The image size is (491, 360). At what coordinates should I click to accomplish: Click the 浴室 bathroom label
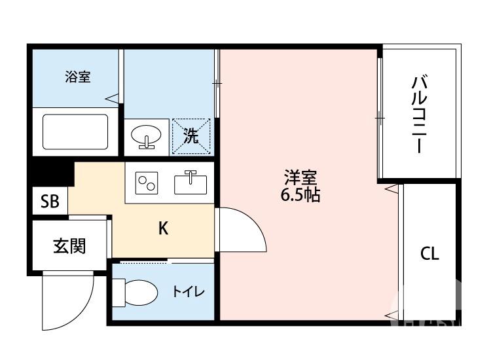coord(77,77)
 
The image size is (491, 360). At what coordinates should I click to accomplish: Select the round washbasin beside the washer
coord(146,135)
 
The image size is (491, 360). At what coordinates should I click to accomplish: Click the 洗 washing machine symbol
coord(191,136)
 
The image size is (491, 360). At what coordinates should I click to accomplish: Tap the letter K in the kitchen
coord(164,228)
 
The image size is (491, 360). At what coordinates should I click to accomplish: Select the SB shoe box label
coord(50,202)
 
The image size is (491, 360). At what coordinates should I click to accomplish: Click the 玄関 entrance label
coord(69,245)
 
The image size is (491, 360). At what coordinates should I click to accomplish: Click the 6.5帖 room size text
coord(300,195)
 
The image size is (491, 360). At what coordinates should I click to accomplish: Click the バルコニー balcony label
coord(420,115)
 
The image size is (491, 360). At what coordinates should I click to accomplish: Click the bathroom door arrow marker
coord(113,99)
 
